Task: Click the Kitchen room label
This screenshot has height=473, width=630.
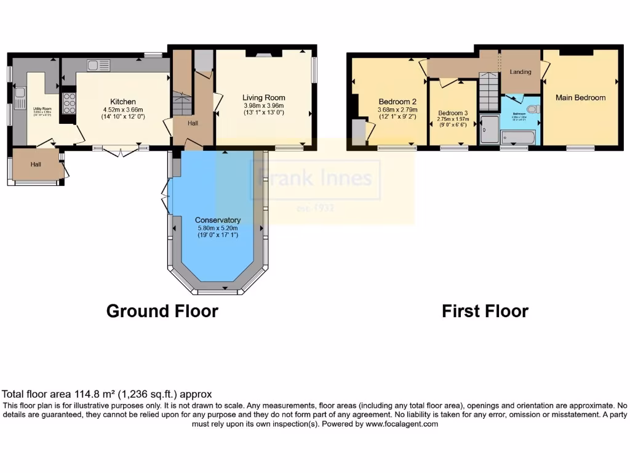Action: pyautogui.click(x=123, y=102)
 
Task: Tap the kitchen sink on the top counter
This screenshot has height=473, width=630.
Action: pyautogui.click(x=98, y=65)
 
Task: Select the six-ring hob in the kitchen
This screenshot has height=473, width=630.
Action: pyautogui.click(x=67, y=103)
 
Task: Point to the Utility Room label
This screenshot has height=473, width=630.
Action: pyautogui.click(x=42, y=108)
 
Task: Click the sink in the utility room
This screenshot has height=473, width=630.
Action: pyautogui.click(x=20, y=94)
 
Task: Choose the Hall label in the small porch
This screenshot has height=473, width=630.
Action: pyautogui.click(x=36, y=164)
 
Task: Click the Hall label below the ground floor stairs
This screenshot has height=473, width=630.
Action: pyautogui.click(x=193, y=123)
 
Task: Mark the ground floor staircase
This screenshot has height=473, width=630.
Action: pyautogui.click(x=181, y=102)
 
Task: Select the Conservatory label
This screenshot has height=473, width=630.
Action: pyautogui.click(x=217, y=220)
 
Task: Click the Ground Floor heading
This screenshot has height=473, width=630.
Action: pyautogui.click(x=162, y=311)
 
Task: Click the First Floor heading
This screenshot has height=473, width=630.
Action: pyautogui.click(x=485, y=311)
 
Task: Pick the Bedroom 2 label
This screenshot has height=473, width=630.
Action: pyautogui.click(x=397, y=102)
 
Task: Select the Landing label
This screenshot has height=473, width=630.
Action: pyautogui.click(x=520, y=72)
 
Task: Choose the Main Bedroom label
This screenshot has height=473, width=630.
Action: pyautogui.click(x=580, y=97)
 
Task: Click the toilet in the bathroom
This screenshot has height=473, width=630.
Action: pyautogui.click(x=532, y=109)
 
